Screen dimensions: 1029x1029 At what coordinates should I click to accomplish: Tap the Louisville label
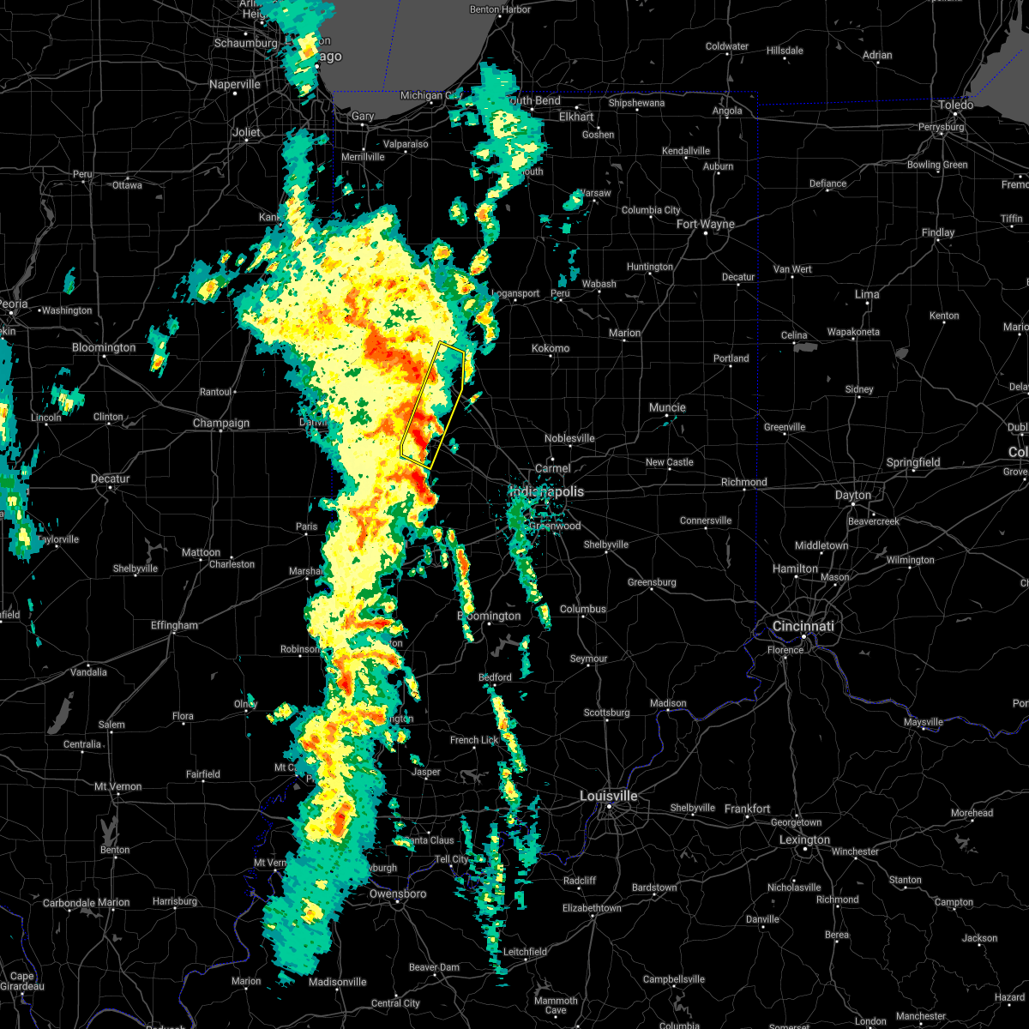608,796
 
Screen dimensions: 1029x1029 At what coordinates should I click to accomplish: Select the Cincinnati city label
803,626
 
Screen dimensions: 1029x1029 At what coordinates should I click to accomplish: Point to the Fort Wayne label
705,225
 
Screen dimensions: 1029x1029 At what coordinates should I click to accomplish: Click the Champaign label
221,423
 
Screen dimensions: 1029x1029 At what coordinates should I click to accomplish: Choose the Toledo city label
955,105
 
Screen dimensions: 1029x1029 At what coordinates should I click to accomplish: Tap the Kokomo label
551,348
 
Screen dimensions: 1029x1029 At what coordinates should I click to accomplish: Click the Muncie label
667,407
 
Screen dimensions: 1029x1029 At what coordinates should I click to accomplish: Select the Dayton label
852,495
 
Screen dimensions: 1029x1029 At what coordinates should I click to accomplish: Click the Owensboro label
398,894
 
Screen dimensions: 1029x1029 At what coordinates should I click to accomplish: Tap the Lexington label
804,839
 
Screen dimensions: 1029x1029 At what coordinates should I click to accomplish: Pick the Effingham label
174,625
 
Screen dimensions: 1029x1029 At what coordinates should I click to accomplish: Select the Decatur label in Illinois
111,478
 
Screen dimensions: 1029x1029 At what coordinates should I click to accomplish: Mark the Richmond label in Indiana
743,482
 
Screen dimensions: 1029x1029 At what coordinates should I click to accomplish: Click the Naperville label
235,85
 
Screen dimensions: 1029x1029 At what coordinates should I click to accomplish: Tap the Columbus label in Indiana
583,609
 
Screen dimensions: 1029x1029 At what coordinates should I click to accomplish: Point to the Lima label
867,294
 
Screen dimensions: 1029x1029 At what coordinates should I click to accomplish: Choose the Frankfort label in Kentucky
747,809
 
